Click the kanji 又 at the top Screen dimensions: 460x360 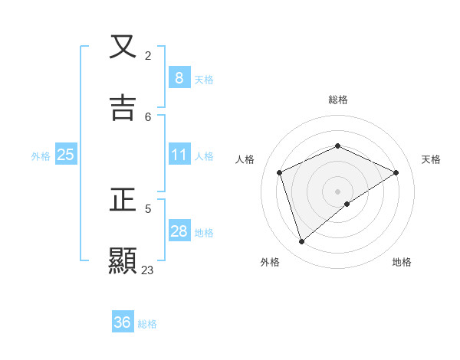point(123,47)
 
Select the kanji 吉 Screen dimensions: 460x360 point(123,107)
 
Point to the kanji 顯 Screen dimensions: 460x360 point(123,260)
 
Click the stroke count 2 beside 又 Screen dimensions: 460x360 point(148,56)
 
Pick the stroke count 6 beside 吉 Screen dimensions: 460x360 point(148,116)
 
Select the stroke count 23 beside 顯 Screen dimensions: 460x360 point(148,270)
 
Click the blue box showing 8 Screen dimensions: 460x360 point(179,78)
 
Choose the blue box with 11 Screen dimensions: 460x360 point(179,155)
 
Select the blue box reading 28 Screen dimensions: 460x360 point(179,231)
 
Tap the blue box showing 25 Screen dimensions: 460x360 point(66,155)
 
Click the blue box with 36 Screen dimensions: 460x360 point(123,322)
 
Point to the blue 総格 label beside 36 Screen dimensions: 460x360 point(147,324)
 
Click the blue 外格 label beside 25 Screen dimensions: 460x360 point(41,156)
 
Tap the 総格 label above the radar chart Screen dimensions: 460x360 point(337,100)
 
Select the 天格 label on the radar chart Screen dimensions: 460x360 point(431,159)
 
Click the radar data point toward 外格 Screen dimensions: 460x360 point(301,242)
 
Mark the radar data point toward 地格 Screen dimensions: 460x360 point(347,204)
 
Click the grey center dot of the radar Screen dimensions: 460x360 point(337,191)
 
